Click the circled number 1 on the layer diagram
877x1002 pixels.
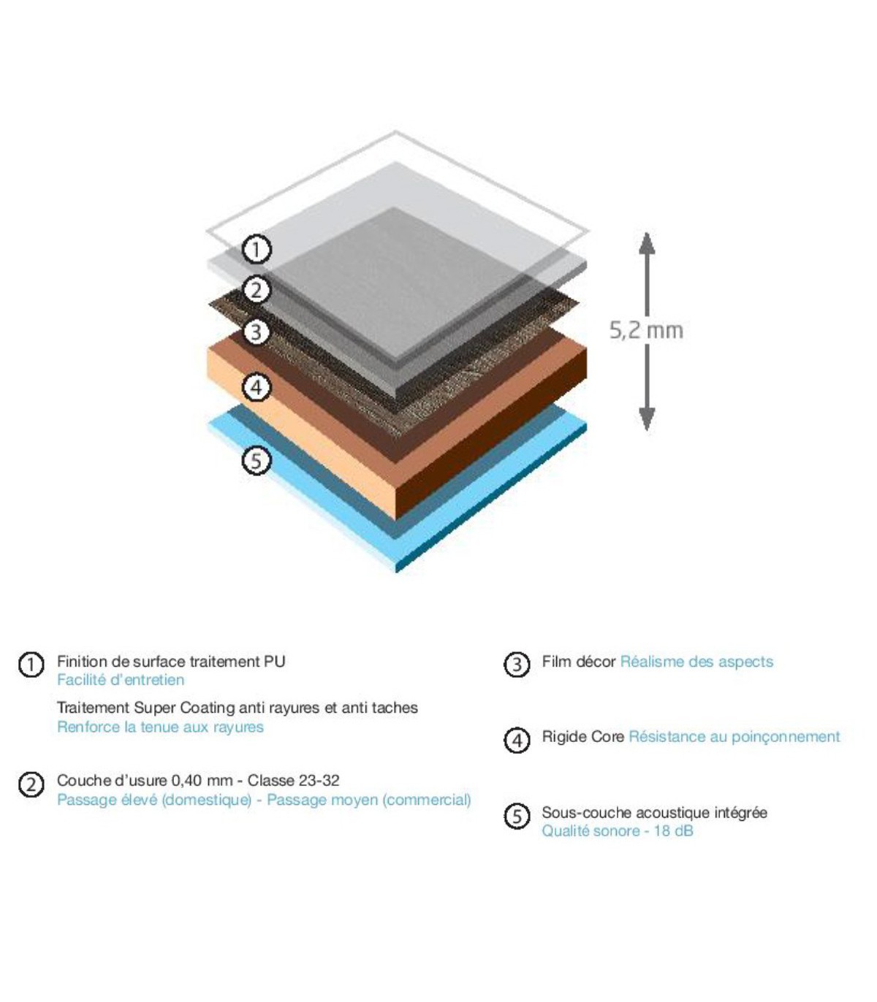(x=257, y=250)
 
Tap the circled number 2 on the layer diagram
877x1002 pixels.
(x=257, y=290)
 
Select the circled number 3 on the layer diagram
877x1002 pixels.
(x=257, y=332)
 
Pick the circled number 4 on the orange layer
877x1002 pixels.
(x=257, y=388)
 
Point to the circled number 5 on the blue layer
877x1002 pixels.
(x=257, y=460)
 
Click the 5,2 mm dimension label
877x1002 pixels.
(x=646, y=330)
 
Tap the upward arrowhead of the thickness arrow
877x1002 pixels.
(x=647, y=243)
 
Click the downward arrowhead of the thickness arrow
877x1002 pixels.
(x=647, y=419)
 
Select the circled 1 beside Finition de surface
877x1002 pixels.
(x=31, y=665)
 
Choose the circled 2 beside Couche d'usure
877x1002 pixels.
(x=31, y=784)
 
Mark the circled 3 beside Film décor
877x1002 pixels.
(x=517, y=665)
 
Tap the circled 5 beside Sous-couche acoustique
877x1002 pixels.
(x=517, y=816)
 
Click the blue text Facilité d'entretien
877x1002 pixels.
(x=121, y=680)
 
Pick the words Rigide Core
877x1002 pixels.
(x=583, y=737)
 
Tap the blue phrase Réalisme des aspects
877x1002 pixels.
(x=696, y=662)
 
